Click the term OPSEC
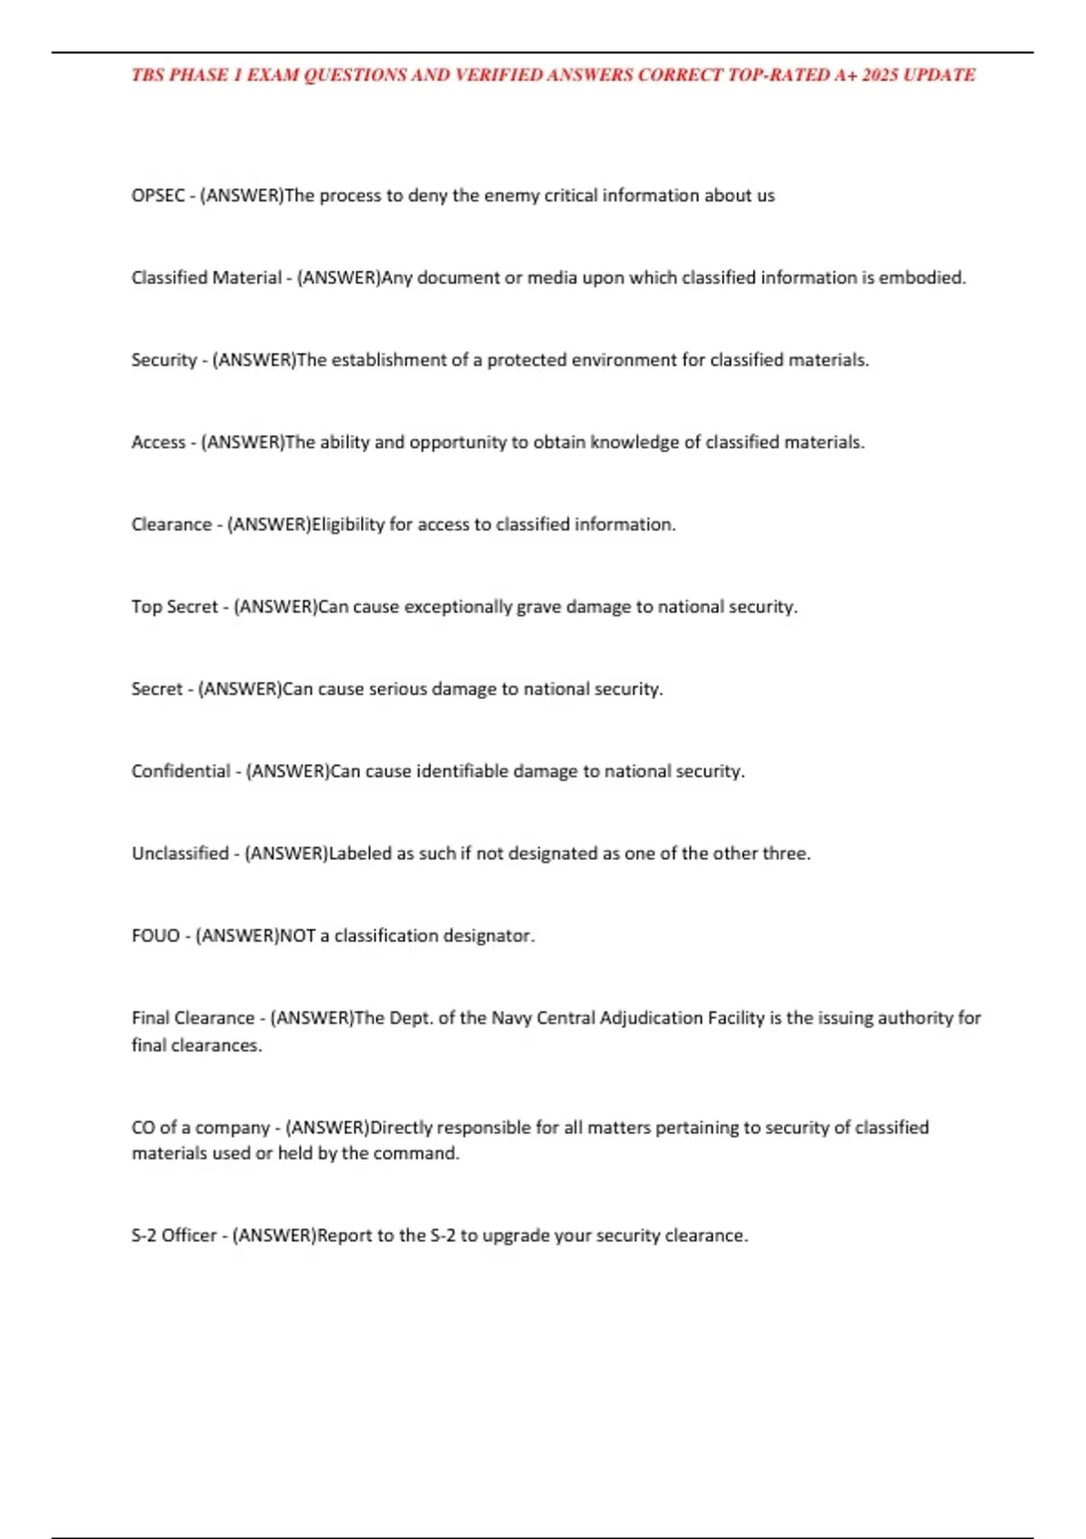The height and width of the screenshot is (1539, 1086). [158, 196]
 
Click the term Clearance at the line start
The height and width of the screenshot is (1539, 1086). [171, 524]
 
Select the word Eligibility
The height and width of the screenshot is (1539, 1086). [348, 524]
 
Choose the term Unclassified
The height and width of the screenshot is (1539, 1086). [180, 854]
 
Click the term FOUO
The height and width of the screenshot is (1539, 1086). [156, 936]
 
